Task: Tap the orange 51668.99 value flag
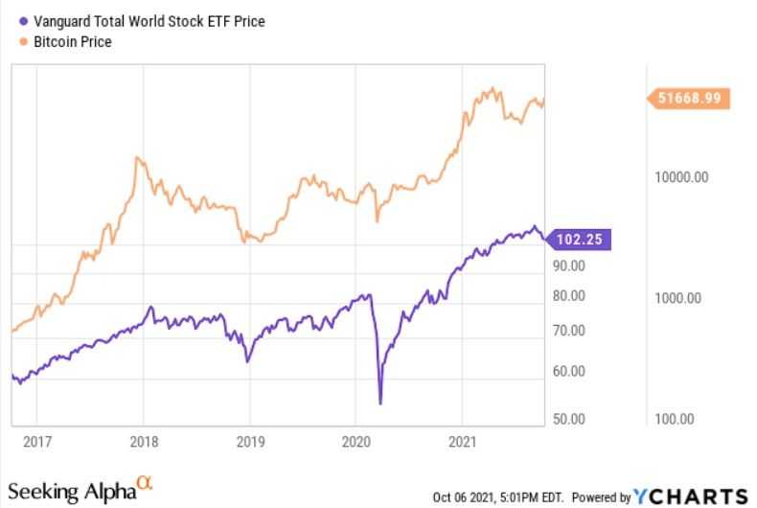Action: click(689, 98)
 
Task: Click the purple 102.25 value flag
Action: click(578, 240)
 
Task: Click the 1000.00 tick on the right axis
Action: click(678, 298)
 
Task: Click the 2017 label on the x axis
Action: click(36, 444)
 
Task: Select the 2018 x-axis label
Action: click(143, 444)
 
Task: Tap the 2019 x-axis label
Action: click(249, 444)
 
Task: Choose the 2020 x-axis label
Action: click(356, 444)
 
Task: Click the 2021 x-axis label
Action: click(463, 444)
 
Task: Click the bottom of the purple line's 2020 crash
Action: click(380, 404)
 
